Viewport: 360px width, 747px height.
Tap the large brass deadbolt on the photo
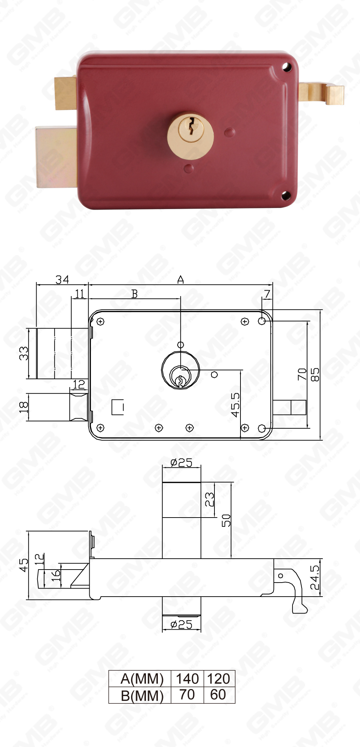point(57,157)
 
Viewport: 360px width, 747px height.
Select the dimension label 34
point(62,280)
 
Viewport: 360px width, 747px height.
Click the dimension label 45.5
point(235,405)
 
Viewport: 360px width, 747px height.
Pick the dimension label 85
point(315,375)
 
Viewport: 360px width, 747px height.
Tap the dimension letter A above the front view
point(180,280)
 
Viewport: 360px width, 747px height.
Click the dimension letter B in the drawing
point(134,294)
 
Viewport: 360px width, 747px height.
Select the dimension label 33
point(24,353)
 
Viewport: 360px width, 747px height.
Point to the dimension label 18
point(24,407)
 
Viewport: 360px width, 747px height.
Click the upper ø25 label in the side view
point(181,463)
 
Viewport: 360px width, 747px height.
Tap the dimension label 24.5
point(315,577)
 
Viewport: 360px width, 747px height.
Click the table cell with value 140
point(187,678)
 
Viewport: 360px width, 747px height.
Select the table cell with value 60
point(218,695)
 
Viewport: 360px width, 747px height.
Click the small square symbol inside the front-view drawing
point(117,407)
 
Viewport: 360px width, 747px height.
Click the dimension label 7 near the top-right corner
point(268,294)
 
